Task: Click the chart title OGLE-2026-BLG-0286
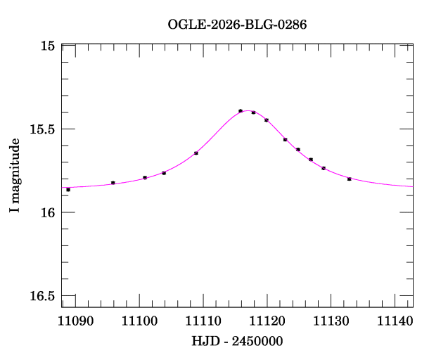tap(237, 24)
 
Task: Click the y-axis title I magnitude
tap(14, 176)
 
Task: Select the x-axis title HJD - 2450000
tap(237, 341)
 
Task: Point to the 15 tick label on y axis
tap(48, 46)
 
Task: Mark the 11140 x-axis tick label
tap(394, 321)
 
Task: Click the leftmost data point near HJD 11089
tap(68, 190)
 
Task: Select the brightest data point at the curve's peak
tap(241, 111)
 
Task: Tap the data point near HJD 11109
tap(196, 153)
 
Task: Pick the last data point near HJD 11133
tap(349, 179)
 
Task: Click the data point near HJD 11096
tap(113, 183)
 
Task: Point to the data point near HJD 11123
tap(286, 140)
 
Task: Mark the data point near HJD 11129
tap(324, 168)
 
